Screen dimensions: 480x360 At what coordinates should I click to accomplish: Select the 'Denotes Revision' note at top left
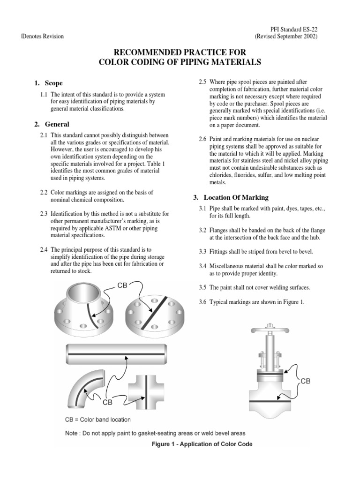[x=43, y=37]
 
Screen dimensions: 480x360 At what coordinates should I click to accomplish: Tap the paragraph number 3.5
[x=203, y=287]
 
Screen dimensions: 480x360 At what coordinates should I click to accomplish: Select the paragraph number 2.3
[x=45, y=214]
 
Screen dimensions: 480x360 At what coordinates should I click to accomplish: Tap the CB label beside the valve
[x=305, y=381]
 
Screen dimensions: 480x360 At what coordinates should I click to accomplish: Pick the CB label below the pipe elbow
[x=108, y=401]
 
